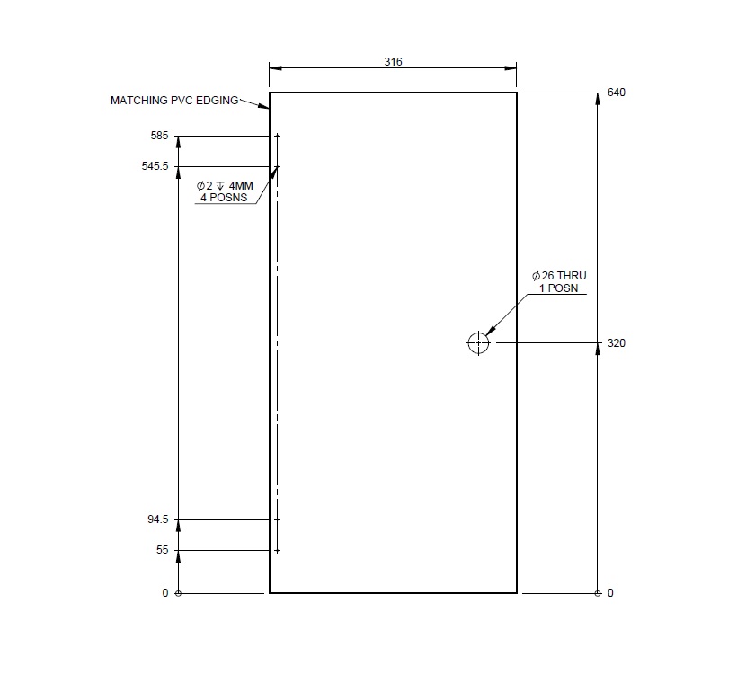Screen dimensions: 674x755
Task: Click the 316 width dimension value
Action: (393, 62)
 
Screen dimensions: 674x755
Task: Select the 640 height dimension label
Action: (616, 93)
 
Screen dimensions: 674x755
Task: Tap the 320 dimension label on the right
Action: (616, 343)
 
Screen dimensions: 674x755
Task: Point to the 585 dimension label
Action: (160, 136)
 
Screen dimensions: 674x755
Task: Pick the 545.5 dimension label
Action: (155, 166)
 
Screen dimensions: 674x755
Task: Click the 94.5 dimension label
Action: (158, 519)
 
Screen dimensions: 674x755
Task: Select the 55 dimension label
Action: (163, 550)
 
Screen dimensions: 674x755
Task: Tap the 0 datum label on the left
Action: (165, 593)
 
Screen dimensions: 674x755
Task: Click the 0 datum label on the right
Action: (611, 593)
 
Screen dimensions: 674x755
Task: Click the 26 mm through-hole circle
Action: (478, 342)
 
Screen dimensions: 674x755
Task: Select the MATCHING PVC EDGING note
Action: (174, 101)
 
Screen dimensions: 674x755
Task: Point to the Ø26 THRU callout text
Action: (558, 276)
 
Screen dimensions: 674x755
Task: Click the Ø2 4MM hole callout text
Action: (226, 185)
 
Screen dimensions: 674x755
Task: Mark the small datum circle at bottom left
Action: (178, 593)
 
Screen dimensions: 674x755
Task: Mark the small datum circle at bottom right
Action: (598, 593)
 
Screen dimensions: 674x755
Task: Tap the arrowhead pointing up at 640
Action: (598, 100)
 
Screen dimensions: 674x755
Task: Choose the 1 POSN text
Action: (558, 288)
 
